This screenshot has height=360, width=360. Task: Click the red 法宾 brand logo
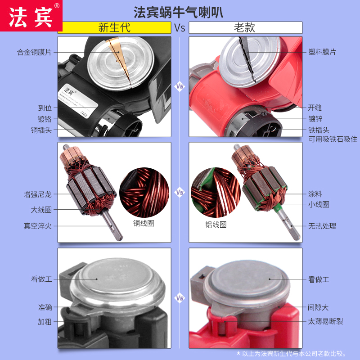(31, 15)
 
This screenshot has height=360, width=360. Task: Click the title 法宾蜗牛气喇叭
(179, 11)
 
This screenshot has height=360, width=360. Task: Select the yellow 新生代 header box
(114, 27)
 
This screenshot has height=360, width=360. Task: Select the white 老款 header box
(245, 27)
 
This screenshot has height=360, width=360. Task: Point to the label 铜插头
(45, 130)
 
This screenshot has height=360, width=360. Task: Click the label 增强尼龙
(38, 194)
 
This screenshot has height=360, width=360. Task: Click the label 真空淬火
(38, 225)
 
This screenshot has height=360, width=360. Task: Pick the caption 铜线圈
(144, 223)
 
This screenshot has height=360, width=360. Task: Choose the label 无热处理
(322, 226)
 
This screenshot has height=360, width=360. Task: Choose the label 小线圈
(319, 204)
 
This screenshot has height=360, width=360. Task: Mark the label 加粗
(45, 322)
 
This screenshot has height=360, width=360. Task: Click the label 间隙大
(319, 308)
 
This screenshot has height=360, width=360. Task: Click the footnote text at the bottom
(297, 354)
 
